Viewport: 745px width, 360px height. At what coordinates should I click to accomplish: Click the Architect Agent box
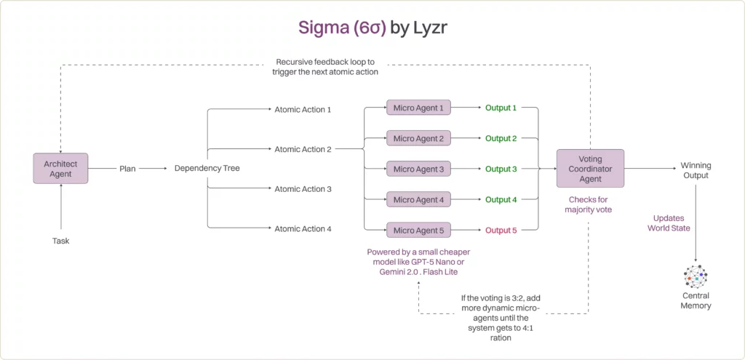click(x=61, y=168)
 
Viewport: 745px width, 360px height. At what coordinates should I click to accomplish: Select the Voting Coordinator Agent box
click(x=590, y=168)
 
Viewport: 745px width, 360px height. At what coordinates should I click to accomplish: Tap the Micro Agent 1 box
click(x=418, y=108)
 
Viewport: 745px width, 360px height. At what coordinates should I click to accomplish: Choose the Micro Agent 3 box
click(x=418, y=169)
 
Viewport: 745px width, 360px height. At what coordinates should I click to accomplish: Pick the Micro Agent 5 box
click(x=418, y=231)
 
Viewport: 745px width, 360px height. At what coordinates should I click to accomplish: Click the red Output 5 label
click(x=501, y=231)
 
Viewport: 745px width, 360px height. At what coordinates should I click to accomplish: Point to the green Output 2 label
click(x=501, y=138)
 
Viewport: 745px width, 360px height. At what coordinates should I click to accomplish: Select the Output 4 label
click(x=501, y=199)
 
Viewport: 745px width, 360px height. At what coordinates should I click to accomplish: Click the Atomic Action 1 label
click(x=303, y=110)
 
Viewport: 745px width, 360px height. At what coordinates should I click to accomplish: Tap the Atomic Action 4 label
click(x=303, y=229)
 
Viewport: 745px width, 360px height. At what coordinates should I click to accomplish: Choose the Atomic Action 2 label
click(x=303, y=149)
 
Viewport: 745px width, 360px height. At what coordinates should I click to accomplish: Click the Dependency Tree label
click(x=207, y=168)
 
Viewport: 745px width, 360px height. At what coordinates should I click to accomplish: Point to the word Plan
click(x=128, y=168)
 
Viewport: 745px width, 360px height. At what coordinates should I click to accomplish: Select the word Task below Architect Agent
click(x=61, y=241)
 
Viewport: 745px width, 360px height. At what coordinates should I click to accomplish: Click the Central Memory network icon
click(x=696, y=277)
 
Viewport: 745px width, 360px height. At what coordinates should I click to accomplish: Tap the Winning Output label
click(x=696, y=169)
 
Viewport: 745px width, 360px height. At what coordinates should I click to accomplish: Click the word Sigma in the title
click(x=321, y=28)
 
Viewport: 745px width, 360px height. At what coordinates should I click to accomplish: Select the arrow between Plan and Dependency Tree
click(x=154, y=168)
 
